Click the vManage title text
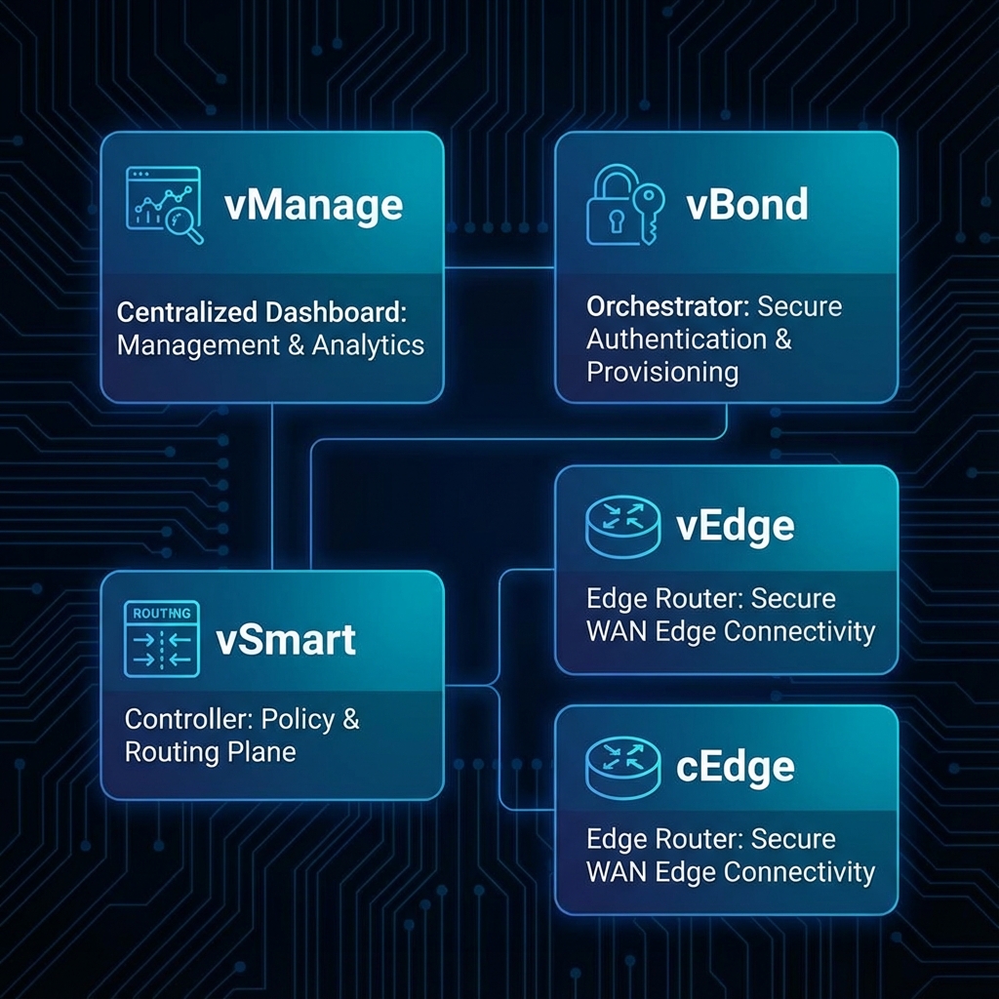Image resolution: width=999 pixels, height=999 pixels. tap(312, 206)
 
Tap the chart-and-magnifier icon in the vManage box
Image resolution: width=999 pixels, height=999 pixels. tap(164, 206)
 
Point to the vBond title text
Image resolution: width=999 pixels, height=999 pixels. tap(746, 206)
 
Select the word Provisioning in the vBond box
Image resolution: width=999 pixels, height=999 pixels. tap(661, 373)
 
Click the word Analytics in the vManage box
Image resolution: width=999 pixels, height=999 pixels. tap(368, 345)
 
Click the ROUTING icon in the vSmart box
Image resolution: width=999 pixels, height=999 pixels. tap(162, 639)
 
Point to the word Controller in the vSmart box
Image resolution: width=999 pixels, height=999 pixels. tap(188, 720)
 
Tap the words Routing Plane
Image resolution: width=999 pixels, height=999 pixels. tap(210, 752)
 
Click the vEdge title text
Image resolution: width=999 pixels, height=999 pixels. tap(735, 526)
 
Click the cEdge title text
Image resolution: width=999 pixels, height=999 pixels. tap(735, 767)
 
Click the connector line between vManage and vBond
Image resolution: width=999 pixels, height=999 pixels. tap(499, 265)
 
